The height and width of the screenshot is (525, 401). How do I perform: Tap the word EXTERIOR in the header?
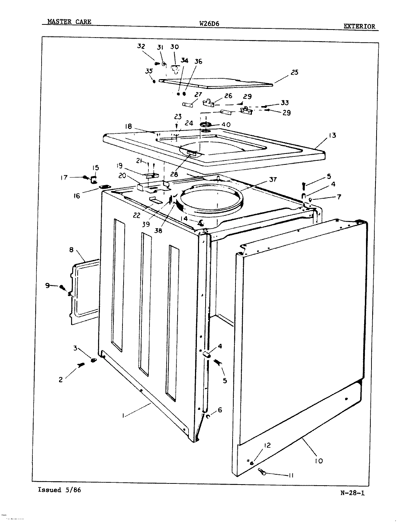[x=359, y=26]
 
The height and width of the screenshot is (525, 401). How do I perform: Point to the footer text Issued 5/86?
[x=59, y=490]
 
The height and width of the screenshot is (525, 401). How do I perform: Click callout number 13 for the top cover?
[x=332, y=136]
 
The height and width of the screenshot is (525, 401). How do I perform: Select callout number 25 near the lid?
[x=294, y=72]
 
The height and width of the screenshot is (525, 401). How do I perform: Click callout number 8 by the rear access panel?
[x=71, y=250]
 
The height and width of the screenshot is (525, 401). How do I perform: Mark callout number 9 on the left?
[x=47, y=286]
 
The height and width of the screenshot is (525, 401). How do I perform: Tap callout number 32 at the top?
[x=141, y=46]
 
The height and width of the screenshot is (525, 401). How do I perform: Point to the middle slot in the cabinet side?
[x=145, y=299]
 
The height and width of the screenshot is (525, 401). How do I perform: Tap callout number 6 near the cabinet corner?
[x=219, y=410]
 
